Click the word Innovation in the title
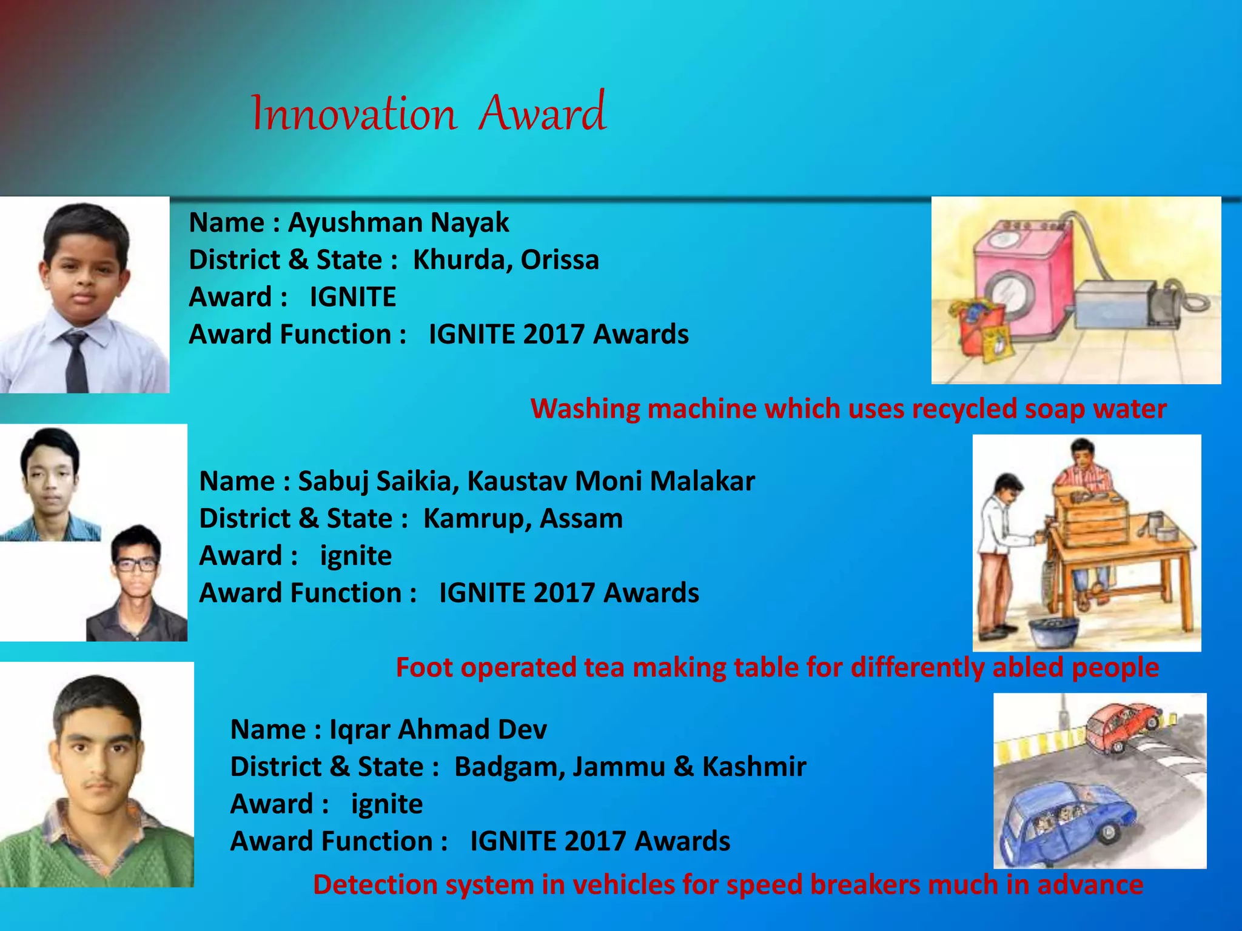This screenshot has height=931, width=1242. (x=354, y=113)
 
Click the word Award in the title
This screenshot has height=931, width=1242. (x=542, y=112)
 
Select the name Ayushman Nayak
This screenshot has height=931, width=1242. (x=398, y=222)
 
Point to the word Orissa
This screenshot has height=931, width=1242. (x=560, y=260)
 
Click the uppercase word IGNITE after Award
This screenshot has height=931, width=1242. (x=352, y=297)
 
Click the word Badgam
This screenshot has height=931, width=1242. (x=509, y=767)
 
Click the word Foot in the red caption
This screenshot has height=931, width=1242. (x=424, y=667)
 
